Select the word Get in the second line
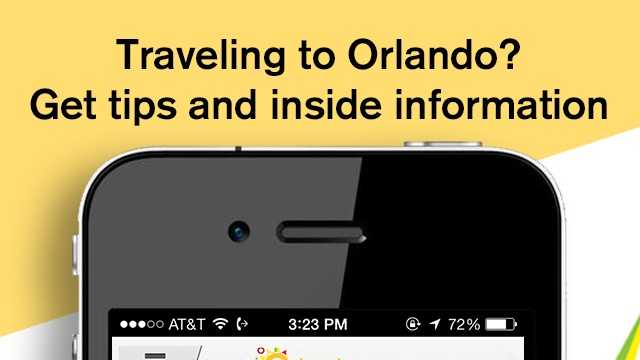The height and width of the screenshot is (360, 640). pos(65,102)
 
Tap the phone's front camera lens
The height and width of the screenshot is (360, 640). pos(239,231)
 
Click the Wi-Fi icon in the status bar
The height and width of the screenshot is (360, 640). pos(220,324)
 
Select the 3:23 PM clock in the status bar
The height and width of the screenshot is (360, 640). pos(318,324)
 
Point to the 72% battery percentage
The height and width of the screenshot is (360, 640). pos(463,324)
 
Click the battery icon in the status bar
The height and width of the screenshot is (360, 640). pos(502,324)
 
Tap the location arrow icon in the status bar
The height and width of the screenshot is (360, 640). pos(433,324)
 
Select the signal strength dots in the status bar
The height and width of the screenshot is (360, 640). pos(139,324)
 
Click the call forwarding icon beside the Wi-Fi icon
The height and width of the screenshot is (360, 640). pos(243,324)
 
